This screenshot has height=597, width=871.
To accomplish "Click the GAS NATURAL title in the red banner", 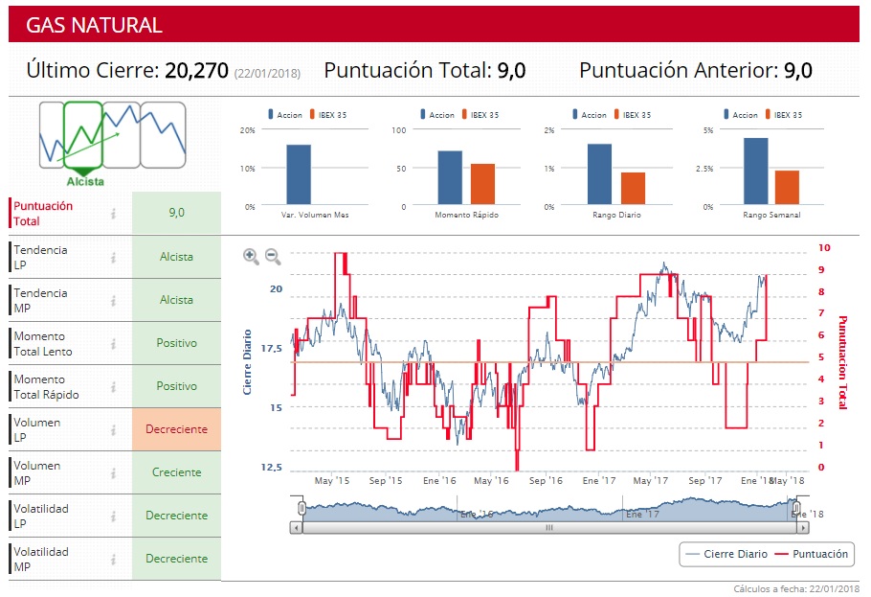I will coord(94,25).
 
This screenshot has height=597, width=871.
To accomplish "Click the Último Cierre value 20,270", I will coord(196,70).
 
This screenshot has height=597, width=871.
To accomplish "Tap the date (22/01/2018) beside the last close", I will coord(267,73).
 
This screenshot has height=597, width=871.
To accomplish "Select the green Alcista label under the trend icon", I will coord(86,181).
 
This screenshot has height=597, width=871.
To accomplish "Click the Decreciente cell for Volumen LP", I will coord(176,429).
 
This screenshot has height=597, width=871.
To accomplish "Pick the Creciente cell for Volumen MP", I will coord(176,472).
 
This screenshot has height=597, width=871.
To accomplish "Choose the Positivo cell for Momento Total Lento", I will coord(176,343).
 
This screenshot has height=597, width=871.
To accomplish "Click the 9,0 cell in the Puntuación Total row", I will coord(176,213).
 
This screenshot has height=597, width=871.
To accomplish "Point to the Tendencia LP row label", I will coord(40,257).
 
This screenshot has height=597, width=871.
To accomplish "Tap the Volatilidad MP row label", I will coord(41,559).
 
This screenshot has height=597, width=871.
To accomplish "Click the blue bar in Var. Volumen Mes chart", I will coord(299,174).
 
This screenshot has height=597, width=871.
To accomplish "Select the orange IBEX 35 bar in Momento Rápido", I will coord(482,184).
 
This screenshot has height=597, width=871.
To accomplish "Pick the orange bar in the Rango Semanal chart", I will coord(787,188).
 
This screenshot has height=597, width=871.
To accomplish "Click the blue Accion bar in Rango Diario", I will coord(599,174).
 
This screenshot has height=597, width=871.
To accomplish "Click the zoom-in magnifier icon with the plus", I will coord(251,256).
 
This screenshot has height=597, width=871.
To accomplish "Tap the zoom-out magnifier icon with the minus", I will coord(273,256).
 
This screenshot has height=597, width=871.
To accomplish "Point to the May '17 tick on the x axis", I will coord(649,480).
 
